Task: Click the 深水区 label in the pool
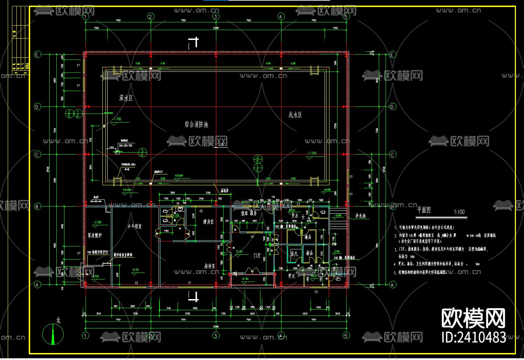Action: pos(126,98)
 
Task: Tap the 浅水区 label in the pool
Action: pos(295,115)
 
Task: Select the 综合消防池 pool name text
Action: pos(196,124)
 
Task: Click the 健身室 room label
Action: pos(208,221)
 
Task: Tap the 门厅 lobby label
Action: pos(257,256)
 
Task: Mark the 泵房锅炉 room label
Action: pos(95,235)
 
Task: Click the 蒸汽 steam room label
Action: pos(294,253)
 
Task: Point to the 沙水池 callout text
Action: pos(360,216)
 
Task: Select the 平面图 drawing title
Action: pos(424,210)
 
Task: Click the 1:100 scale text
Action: pos(459,212)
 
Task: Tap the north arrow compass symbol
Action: pos(53,334)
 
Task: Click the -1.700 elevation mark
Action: pos(116,119)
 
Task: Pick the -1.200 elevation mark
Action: pos(312,153)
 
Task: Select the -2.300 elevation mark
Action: pos(97,222)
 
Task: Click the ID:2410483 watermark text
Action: pos(474,337)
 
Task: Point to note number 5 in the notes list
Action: pos(395,272)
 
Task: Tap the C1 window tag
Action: pos(190,283)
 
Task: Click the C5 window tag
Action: pos(201,211)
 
